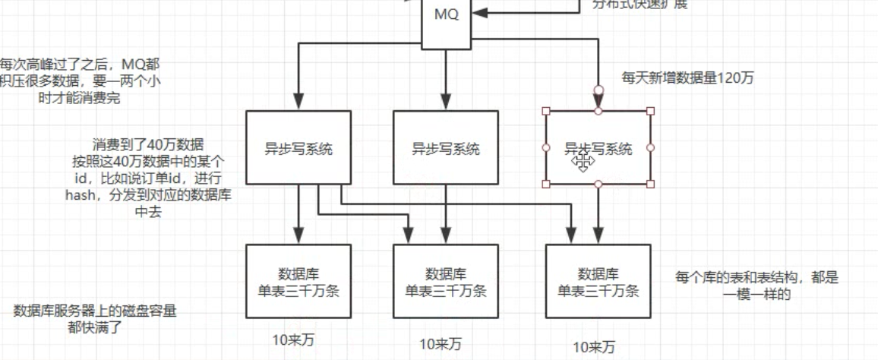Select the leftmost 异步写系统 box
pos(298,148)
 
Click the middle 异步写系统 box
pos(446,148)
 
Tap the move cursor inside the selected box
pos(583,160)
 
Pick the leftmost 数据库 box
pos(298,281)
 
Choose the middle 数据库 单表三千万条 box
pos(446,281)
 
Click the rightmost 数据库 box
pos(598,281)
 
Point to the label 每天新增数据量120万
pos(687,77)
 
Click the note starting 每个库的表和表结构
pos(756,286)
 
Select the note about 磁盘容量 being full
pos(95,318)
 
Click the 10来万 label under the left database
pos(293,339)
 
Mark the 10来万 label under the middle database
pos(441,343)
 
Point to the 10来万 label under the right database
pos(593,348)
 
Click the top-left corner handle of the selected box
pos(546,111)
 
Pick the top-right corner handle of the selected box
pos(650,111)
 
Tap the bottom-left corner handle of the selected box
pos(546,184)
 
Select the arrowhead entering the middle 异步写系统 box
pos(446,103)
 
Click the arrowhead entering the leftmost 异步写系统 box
pos(298,103)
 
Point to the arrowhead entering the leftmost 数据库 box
pos(298,236)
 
